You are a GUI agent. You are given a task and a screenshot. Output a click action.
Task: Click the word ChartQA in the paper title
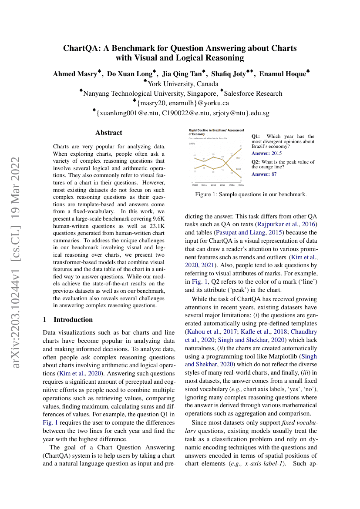click(82, 48)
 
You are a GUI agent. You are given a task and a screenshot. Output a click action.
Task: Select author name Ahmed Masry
click(74, 74)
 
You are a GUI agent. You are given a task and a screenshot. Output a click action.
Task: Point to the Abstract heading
click(109, 133)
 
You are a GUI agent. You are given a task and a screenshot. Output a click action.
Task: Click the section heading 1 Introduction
click(68, 320)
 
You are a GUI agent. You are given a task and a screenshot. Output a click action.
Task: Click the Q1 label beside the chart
click(256, 137)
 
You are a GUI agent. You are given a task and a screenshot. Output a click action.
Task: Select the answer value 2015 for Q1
click(276, 153)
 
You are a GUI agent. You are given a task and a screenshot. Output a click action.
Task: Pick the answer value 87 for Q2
click(274, 174)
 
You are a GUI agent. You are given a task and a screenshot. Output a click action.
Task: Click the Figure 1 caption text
click(251, 194)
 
